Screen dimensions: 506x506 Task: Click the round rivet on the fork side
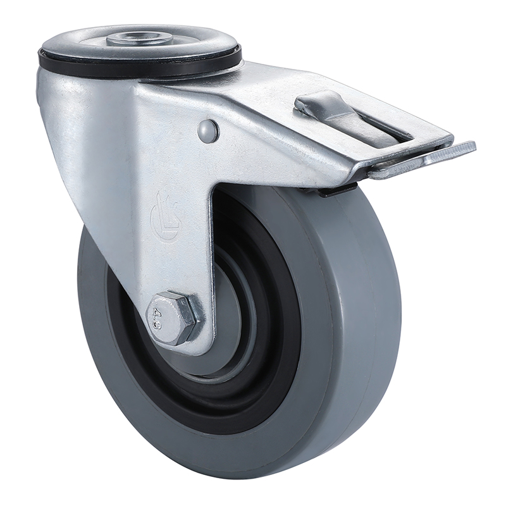[208, 131]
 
